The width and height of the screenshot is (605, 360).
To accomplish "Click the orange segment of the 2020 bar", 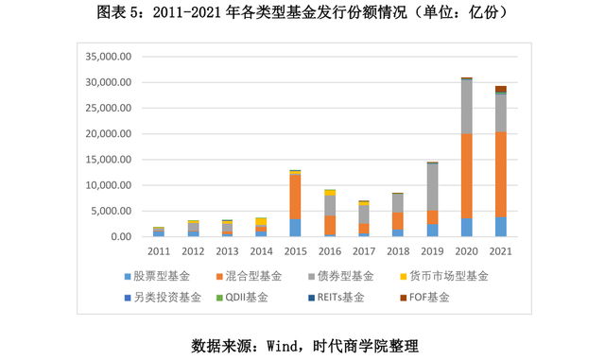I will pyautogui.click(x=466, y=176).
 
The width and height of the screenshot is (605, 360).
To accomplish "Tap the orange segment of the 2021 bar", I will pyautogui.click(x=501, y=175).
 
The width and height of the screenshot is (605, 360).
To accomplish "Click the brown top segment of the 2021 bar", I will pyautogui.click(x=501, y=90).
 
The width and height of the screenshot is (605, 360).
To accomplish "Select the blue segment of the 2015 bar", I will pyautogui.click(x=295, y=228).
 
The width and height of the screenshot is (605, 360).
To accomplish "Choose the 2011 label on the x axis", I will pyautogui.click(x=158, y=250).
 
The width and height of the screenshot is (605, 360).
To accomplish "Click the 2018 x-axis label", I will pyautogui.click(x=398, y=250).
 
